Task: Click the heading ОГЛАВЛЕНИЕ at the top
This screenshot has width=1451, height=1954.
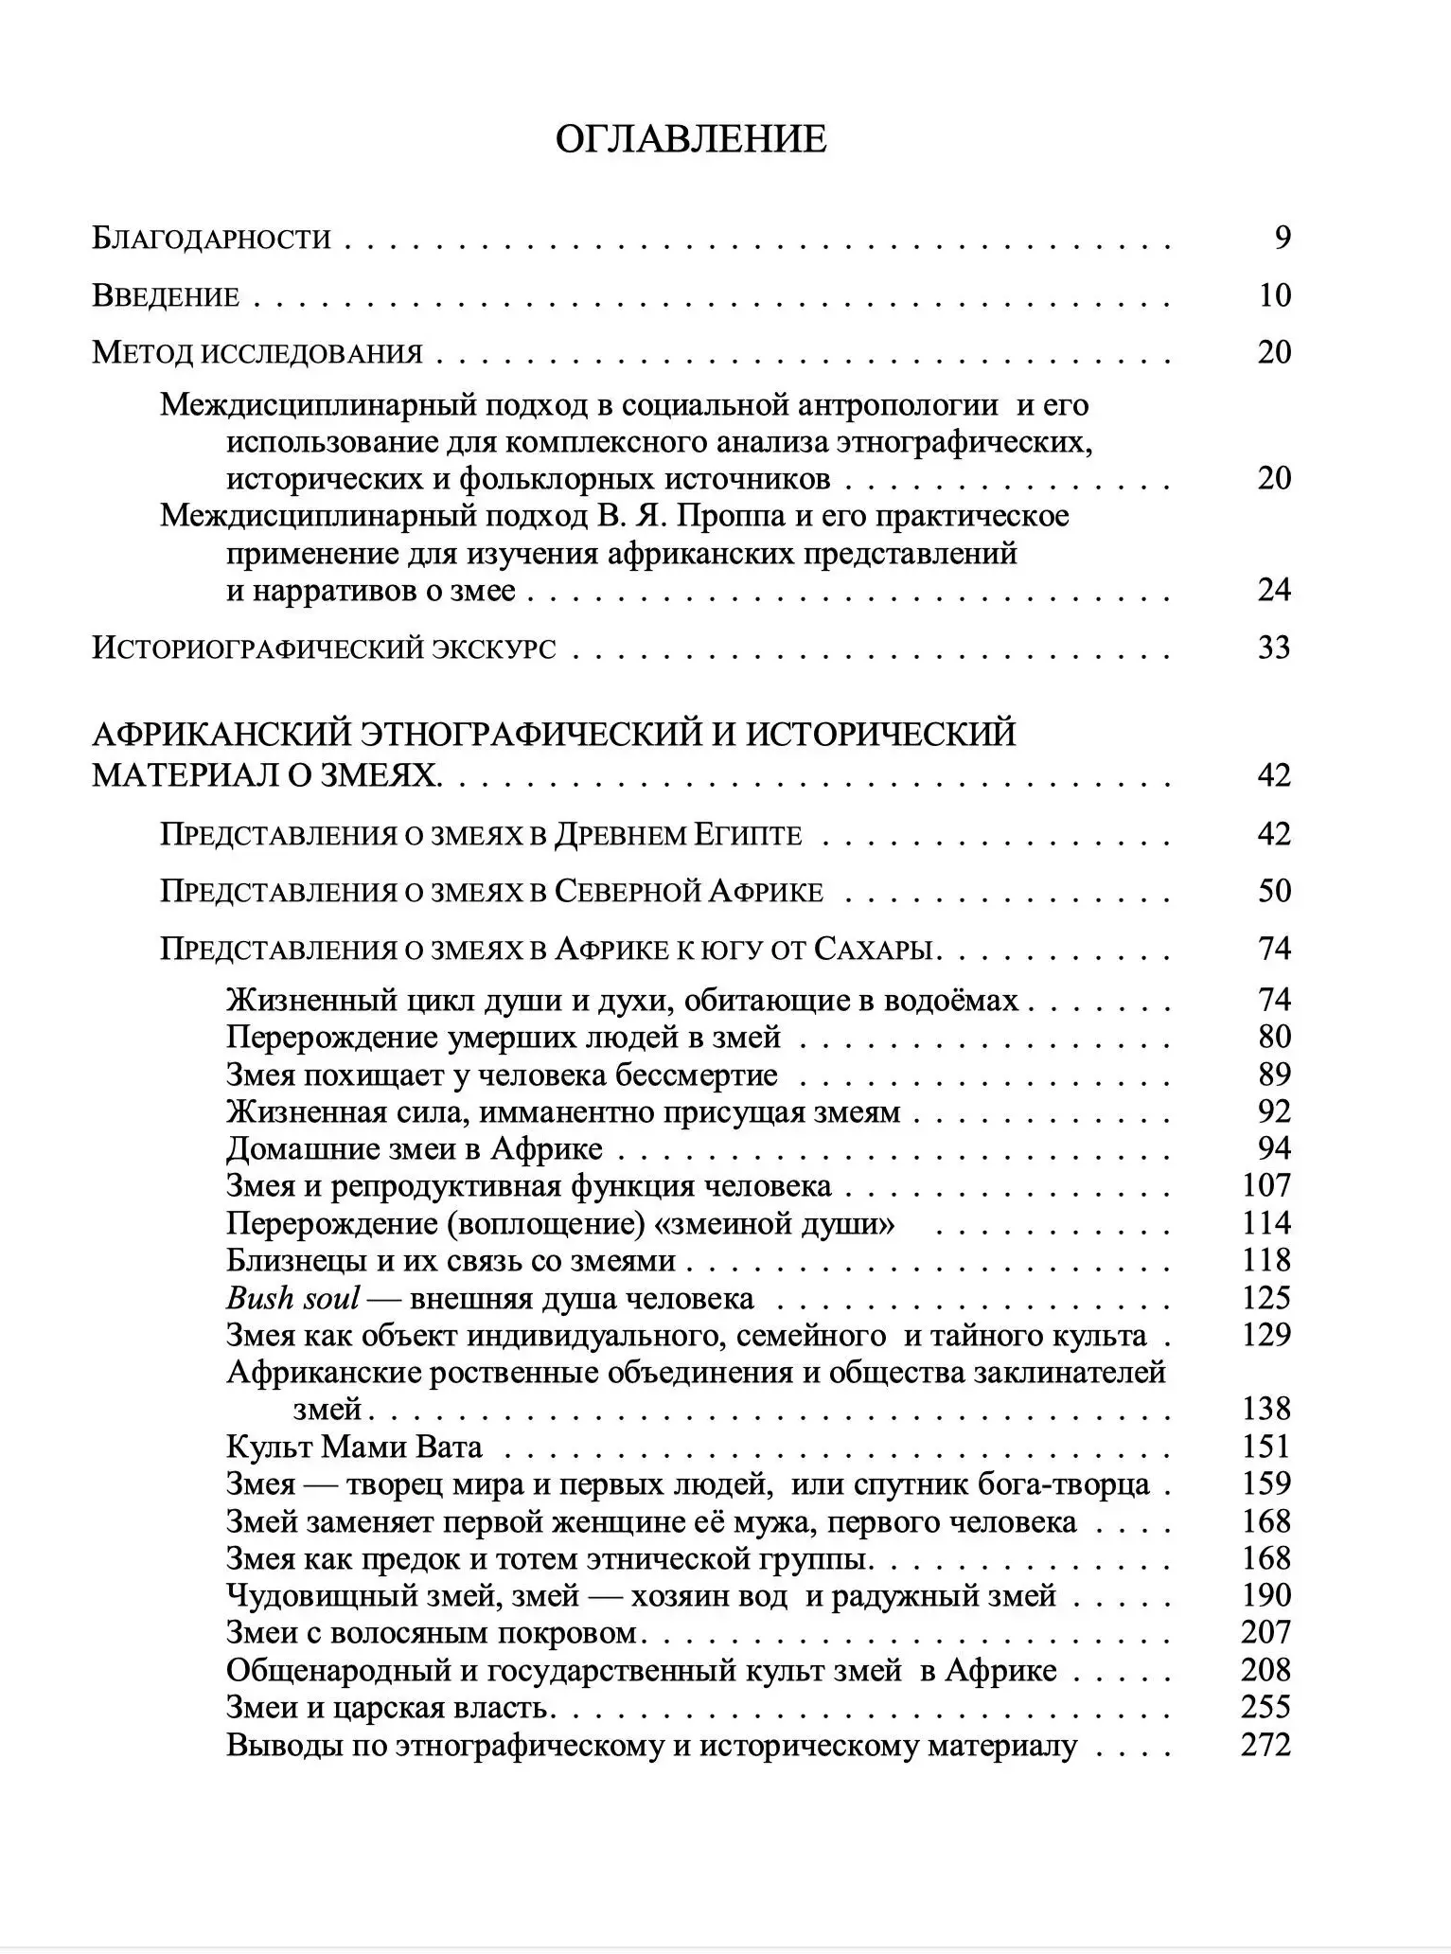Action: coord(690,139)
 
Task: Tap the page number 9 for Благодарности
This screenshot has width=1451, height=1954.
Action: coord(1282,238)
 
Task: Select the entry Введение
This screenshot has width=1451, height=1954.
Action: coord(166,296)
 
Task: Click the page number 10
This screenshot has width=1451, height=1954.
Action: coord(1274,295)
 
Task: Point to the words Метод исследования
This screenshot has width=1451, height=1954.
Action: coord(257,353)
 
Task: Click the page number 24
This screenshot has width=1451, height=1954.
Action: coord(1274,590)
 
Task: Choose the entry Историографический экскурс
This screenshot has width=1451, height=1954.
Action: coord(324,648)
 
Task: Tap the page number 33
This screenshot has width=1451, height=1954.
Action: coord(1274,648)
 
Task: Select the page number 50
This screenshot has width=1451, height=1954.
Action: coord(1274,891)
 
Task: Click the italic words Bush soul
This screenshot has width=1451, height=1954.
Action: coord(292,1298)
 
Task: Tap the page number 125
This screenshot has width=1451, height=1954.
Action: coord(1266,1298)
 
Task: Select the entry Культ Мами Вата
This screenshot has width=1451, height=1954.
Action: coord(354,1447)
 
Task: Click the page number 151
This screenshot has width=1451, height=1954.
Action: coord(1266,1447)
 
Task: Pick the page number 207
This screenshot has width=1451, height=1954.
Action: coord(1266,1632)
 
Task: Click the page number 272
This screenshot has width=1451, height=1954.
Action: coord(1266,1744)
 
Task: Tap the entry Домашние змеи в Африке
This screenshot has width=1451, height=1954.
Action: coord(415,1149)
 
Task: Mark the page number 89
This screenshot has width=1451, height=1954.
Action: coord(1274,1075)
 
